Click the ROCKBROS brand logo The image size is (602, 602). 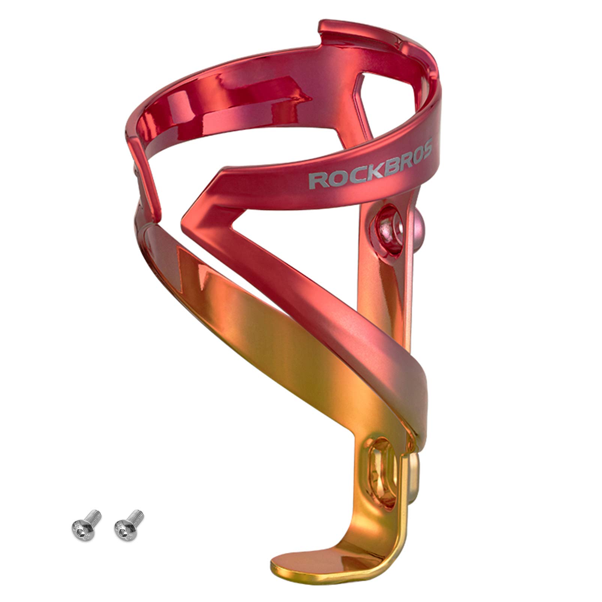tap(370, 162)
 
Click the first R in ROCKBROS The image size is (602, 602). tap(317, 180)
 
